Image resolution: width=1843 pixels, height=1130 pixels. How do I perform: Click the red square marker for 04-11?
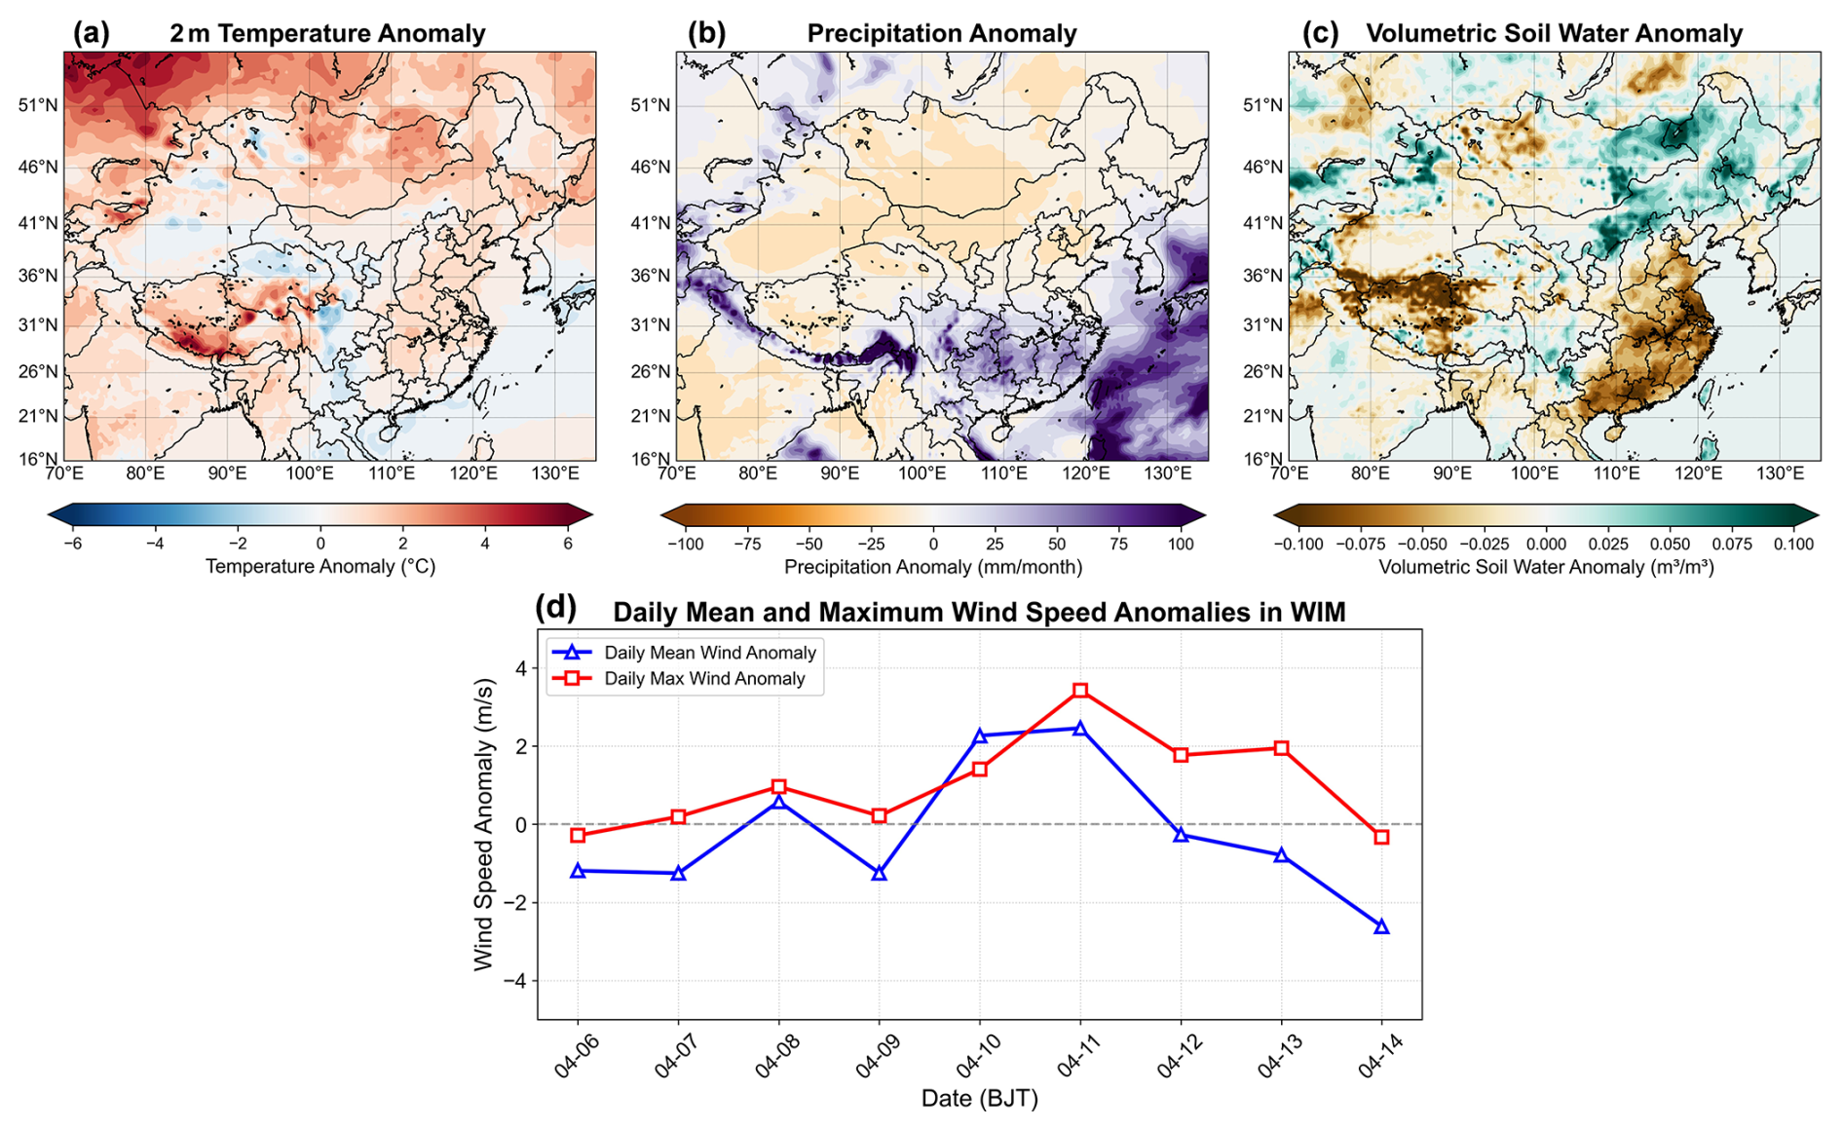(1080, 691)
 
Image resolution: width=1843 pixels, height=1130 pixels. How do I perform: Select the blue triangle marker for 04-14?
(1381, 926)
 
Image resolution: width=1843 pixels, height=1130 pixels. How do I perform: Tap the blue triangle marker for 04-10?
(980, 735)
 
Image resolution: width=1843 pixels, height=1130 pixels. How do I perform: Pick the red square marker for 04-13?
(1281, 748)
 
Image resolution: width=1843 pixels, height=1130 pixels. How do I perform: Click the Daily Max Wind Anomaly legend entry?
(686, 679)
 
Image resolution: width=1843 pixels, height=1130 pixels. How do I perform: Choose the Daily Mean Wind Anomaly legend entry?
(686, 653)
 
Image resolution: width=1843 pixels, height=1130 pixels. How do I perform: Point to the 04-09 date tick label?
(876, 1055)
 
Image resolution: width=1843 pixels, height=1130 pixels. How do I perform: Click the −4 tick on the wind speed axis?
(515, 981)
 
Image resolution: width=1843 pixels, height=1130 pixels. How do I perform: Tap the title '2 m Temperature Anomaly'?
(327, 33)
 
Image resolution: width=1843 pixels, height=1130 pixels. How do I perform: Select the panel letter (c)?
(1320, 33)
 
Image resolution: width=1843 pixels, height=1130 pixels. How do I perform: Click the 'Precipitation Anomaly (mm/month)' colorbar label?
(933, 567)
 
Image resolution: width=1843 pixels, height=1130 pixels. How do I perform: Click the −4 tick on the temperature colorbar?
(154, 545)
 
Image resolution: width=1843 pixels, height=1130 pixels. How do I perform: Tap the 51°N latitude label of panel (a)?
(38, 105)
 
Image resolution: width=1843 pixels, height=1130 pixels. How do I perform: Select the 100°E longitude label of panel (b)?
(921, 473)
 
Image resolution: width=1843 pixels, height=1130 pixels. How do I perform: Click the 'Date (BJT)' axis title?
(980, 1099)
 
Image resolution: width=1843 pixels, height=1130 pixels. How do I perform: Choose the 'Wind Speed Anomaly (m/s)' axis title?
(484, 824)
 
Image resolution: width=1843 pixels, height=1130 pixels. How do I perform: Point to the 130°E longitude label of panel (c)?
(1780, 473)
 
